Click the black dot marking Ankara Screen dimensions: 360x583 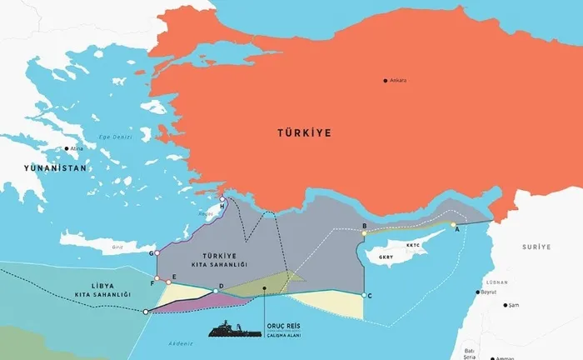click(x=386, y=81)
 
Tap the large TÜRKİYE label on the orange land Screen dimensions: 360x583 click(x=305, y=132)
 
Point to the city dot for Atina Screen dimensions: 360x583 click(x=66, y=149)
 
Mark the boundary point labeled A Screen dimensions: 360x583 click(x=453, y=225)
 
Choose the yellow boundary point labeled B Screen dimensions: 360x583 click(x=364, y=234)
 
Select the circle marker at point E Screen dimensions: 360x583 click(x=169, y=281)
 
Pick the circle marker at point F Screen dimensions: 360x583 click(x=157, y=279)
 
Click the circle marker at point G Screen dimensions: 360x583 click(x=157, y=252)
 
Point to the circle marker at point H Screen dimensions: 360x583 click(x=222, y=199)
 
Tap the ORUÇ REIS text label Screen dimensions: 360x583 click(x=283, y=325)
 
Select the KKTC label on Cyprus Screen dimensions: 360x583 click(x=415, y=246)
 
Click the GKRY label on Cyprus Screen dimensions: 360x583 click(x=386, y=257)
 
